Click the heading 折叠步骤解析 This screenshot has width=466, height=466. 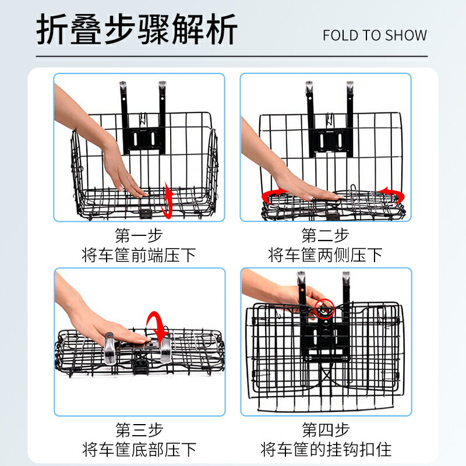click(x=136, y=29)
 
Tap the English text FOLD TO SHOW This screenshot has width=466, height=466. click(x=375, y=36)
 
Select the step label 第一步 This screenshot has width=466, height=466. click(x=139, y=235)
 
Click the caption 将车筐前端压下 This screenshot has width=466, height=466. click(x=139, y=255)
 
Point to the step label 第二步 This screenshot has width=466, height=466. click(x=325, y=235)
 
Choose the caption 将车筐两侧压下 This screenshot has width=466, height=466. click(x=325, y=255)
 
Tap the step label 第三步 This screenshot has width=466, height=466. click(x=139, y=430)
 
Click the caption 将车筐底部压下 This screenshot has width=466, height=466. click(x=139, y=449)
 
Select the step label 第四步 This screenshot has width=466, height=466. click(x=326, y=430)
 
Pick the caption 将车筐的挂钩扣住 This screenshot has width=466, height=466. click(x=326, y=449)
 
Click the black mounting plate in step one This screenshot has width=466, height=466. click(x=144, y=140)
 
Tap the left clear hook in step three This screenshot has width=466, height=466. click(x=109, y=348)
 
